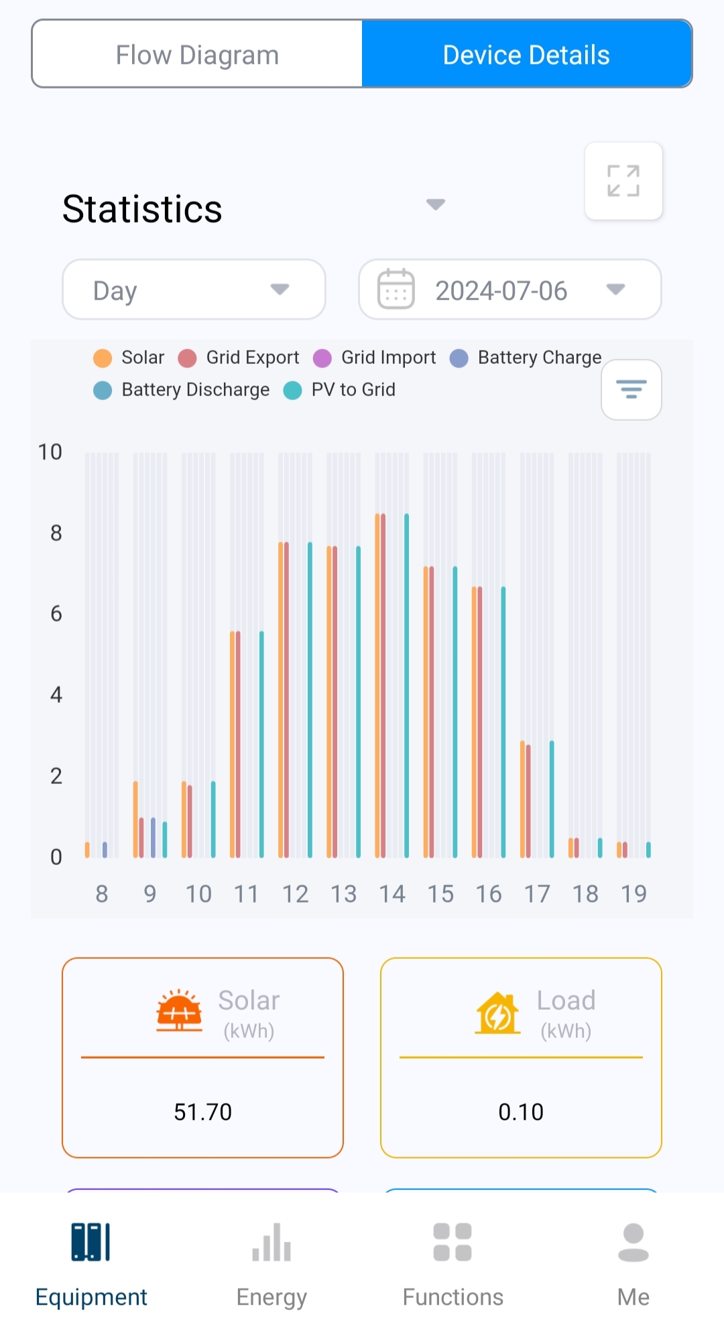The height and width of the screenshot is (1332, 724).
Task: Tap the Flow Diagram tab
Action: pyautogui.click(x=197, y=55)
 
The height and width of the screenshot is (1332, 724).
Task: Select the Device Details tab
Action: pyautogui.click(x=526, y=55)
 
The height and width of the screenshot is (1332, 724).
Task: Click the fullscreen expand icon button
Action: pyautogui.click(x=623, y=181)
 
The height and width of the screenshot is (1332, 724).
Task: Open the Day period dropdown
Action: pyautogui.click(x=194, y=290)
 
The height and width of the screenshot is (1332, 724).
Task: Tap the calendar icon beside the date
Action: pyautogui.click(x=396, y=289)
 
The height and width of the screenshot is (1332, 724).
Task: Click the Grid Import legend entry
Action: pyautogui.click(x=375, y=358)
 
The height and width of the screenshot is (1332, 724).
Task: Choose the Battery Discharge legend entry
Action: pyautogui.click(x=182, y=390)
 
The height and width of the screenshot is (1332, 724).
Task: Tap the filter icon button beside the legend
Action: pyautogui.click(x=631, y=389)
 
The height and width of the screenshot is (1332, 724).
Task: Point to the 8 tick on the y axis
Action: pyautogui.click(x=56, y=533)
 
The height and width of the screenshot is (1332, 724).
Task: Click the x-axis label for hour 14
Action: pyautogui.click(x=392, y=894)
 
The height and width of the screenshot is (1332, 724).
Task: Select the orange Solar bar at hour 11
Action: pyautogui.click(x=232, y=744)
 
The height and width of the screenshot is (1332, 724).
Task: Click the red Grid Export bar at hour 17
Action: pyautogui.click(x=528, y=801)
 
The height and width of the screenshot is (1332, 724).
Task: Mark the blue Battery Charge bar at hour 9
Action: pyautogui.click(x=153, y=838)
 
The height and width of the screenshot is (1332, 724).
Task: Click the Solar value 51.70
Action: pyautogui.click(x=202, y=1112)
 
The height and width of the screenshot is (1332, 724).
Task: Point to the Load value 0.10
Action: pyautogui.click(x=521, y=1112)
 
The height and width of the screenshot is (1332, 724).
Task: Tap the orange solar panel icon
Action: pyautogui.click(x=179, y=1010)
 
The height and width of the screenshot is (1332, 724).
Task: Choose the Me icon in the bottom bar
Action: pyautogui.click(x=633, y=1244)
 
